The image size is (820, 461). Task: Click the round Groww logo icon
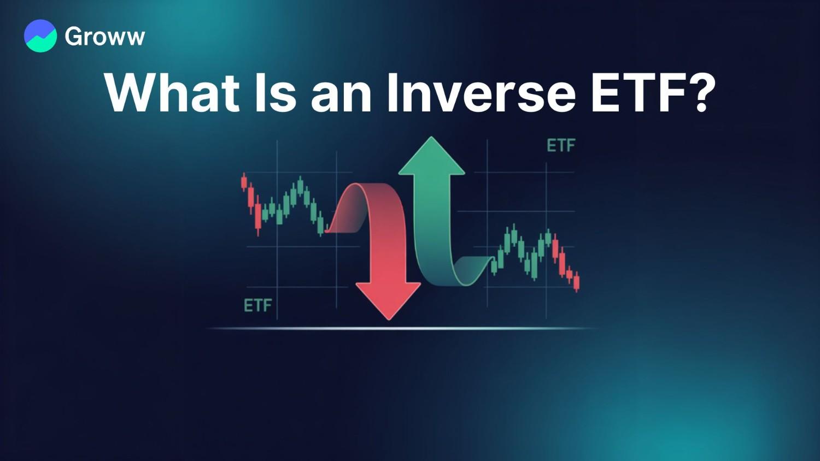(x=40, y=36)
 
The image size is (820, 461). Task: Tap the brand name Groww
(x=105, y=37)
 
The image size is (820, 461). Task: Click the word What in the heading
(x=173, y=92)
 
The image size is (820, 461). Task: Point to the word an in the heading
(x=341, y=97)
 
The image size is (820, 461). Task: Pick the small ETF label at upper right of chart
(x=561, y=145)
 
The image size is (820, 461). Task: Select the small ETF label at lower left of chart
(x=257, y=305)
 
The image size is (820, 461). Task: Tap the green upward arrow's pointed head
(x=432, y=156)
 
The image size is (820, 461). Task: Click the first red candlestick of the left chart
(x=244, y=182)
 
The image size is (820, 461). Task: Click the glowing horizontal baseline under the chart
(x=403, y=328)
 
